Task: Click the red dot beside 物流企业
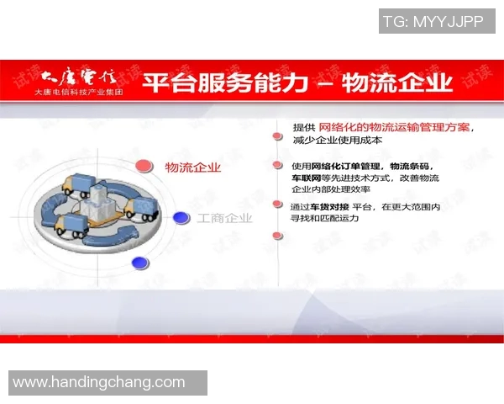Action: point(144,166)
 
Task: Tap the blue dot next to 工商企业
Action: point(181,218)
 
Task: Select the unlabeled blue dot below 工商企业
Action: point(140,263)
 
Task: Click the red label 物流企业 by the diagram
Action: point(193,167)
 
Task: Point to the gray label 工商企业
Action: point(224,219)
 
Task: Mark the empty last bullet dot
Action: point(276,236)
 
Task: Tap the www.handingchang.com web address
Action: point(99,382)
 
